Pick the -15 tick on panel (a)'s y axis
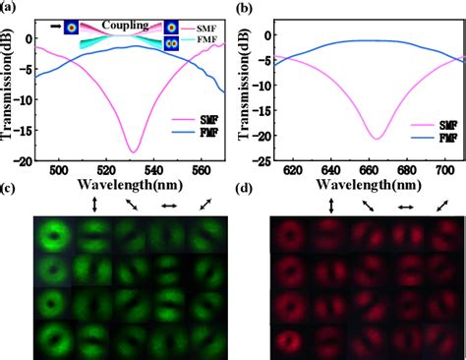pyautogui.click(x=28, y=128)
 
